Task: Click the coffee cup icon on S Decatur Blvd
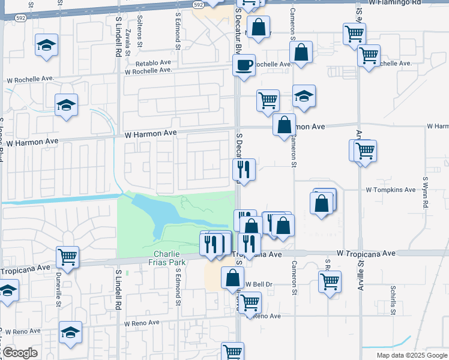coord(244,64)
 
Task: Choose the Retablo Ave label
coord(153,62)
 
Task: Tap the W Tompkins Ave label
coord(390,190)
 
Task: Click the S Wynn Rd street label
coord(425,191)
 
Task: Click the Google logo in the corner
coord(19,353)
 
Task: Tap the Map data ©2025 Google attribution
coord(411,355)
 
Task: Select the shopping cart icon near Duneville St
coord(67,257)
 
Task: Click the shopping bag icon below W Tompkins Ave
coord(322,202)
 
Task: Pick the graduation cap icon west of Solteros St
coord(46,46)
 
